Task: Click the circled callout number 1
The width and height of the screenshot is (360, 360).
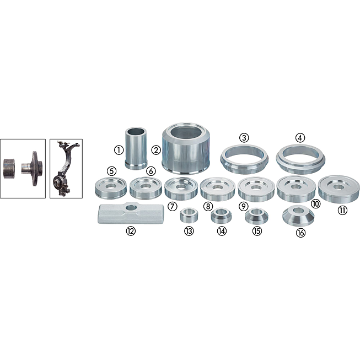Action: (119, 150)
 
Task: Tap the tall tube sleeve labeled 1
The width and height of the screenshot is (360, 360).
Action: (136, 148)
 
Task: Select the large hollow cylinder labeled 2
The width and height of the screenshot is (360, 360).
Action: (186, 148)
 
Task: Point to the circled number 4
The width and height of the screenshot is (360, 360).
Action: (300, 138)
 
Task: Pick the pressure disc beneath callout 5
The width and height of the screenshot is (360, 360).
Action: (111, 188)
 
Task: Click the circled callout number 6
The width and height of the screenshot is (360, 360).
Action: (151, 171)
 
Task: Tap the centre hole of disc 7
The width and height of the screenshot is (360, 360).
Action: (181, 187)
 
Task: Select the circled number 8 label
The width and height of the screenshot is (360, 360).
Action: (208, 206)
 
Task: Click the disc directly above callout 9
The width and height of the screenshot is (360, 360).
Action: (256, 189)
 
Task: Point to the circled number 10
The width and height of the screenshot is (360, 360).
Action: (316, 203)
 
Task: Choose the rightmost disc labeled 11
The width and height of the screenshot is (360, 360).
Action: (338, 189)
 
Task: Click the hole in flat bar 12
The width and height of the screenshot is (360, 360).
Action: (131, 208)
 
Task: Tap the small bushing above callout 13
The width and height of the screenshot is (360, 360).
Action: (189, 215)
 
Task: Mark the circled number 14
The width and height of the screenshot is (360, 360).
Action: (222, 231)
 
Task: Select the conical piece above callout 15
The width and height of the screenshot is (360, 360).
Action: (256, 216)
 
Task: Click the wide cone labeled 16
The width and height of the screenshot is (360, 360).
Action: (298, 216)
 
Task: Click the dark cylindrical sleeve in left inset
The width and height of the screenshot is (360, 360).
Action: (9, 168)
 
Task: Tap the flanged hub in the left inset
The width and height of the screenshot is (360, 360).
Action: (33, 168)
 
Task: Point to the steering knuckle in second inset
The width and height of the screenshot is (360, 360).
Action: (65, 169)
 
